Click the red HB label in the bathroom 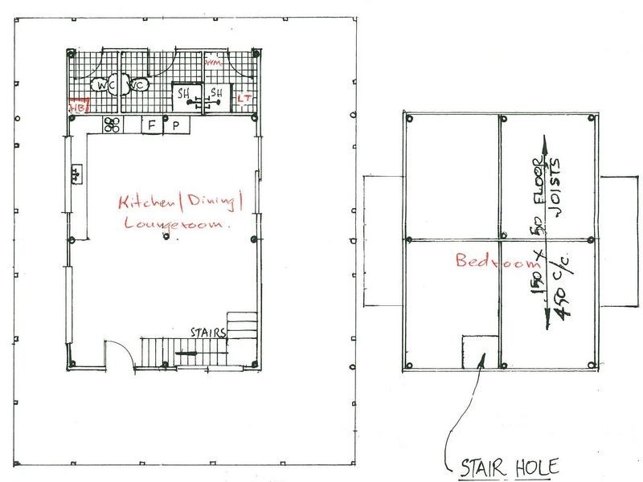pos(77,104)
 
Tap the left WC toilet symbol pos(103,85)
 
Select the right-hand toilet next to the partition pos(137,85)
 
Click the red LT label pos(244,98)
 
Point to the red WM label pos(213,62)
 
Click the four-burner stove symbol pos(113,125)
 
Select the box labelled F pos(151,125)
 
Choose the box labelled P pos(175,126)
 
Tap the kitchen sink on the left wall pos(77,173)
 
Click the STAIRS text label pos(208,330)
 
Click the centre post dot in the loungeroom pos(165,239)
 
